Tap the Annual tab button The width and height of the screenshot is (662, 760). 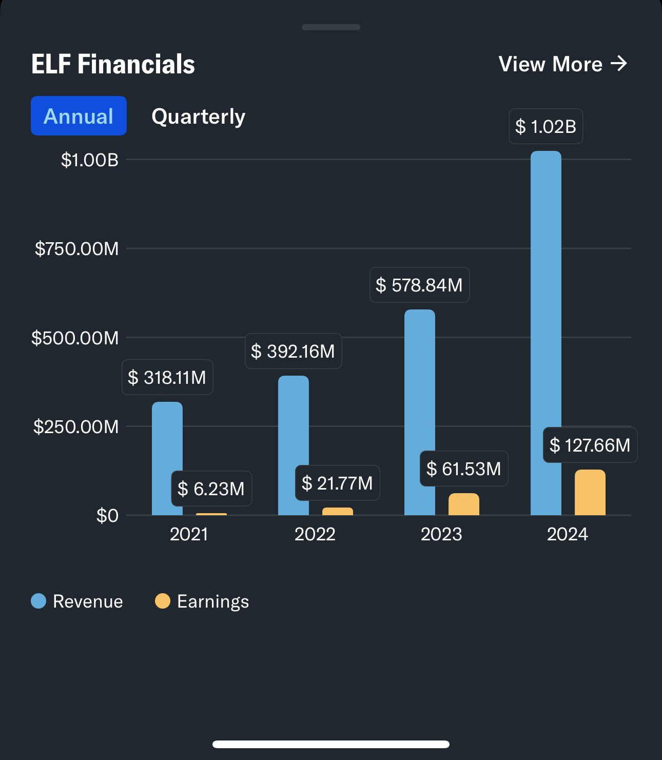pyautogui.click(x=79, y=116)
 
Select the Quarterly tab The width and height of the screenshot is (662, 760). pyautogui.click(x=198, y=116)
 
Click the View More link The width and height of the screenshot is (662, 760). pyautogui.click(x=562, y=64)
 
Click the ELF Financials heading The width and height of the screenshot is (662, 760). pyautogui.click(x=113, y=64)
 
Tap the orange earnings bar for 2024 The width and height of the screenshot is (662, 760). pyautogui.click(x=590, y=493)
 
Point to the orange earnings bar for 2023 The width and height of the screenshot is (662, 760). pyautogui.click(x=463, y=504)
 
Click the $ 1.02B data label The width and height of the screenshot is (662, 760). pyautogui.click(x=546, y=126)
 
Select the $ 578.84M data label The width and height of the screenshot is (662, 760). pyautogui.click(x=419, y=285)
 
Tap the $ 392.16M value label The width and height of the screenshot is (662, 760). pyautogui.click(x=293, y=352)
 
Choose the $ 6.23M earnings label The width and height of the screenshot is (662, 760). pyautogui.click(x=211, y=489)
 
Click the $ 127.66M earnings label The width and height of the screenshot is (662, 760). pyautogui.click(x=590, y=445)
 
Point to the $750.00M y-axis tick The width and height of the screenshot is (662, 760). pyautogui.click(x=76, y=249)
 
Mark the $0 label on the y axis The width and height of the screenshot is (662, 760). pyautogui.click(x=107, y=515)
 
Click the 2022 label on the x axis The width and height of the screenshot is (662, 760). pyautogui.click(x=315, y=534)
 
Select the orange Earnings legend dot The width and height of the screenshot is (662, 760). pyautogui.click(x=163, y=601)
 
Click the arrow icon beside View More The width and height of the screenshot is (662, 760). pyautogui.click(x=619, y=64)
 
